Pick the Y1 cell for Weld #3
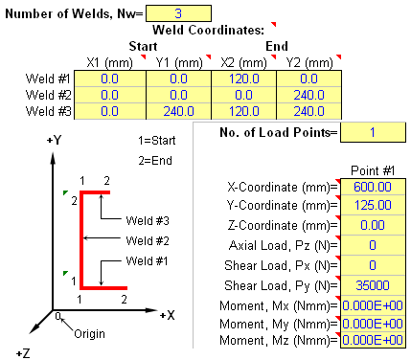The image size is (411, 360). (x=176, y=111)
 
